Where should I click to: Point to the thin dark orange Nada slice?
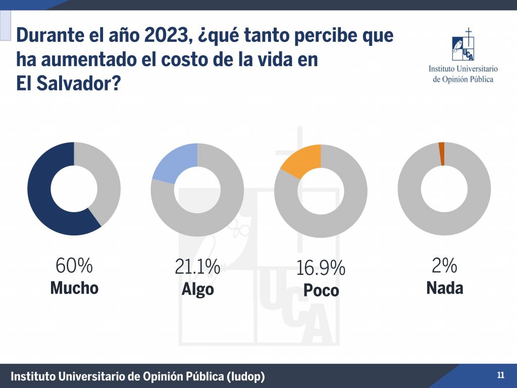(442, 154)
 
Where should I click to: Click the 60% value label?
(74, 265)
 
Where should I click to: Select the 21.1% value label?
(197, 266)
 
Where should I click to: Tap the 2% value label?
(444, 265)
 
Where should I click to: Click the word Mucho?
(74, 288)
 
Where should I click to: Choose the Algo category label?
(197, 289)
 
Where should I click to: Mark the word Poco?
(321, 290)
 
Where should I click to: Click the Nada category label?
(445, 288)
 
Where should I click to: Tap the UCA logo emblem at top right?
(463, 45)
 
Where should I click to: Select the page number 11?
(500, 375)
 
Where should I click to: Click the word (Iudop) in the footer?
(246, 376)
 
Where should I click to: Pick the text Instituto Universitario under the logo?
(463, 69)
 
